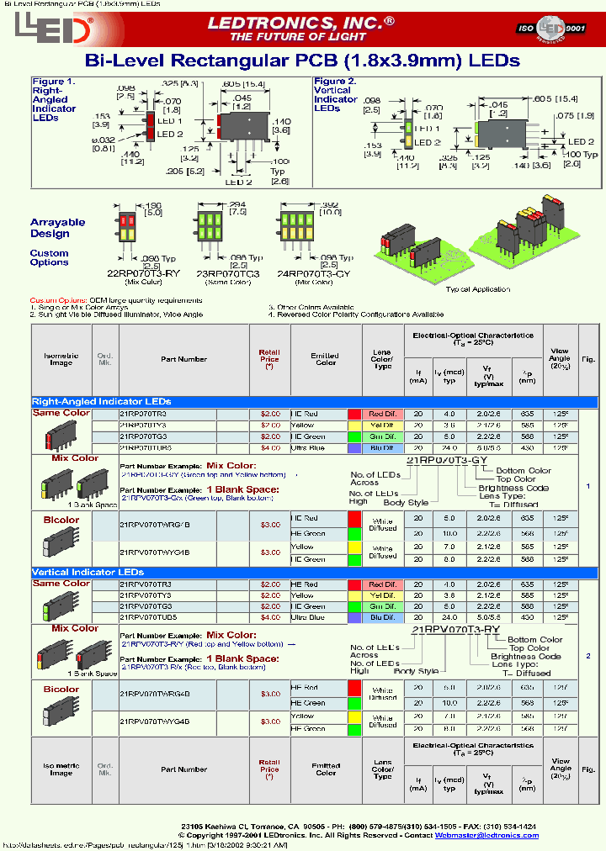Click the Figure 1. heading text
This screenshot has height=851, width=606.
point(53,82)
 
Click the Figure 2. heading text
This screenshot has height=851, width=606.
point(335,82)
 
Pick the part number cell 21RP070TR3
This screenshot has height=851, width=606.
point(144,415)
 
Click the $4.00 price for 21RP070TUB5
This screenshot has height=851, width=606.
point(269,448)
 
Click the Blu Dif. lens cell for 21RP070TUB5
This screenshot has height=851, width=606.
point(382,448)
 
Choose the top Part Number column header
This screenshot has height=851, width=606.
point(183,359)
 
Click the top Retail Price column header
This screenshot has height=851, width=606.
point(269,359)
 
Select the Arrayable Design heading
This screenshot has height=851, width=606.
point(58,227)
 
